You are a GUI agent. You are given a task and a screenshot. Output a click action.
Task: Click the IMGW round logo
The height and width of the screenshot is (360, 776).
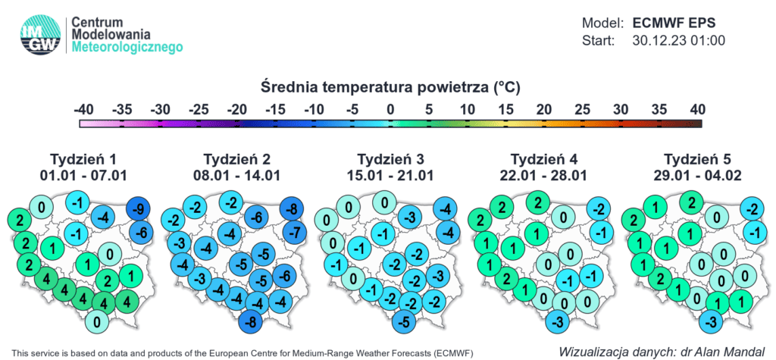[41, 35]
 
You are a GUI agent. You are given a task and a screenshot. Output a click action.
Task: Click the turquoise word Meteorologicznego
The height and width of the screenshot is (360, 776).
[127, 47]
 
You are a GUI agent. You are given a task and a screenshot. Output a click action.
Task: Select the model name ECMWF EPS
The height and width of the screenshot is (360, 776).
[674, 23]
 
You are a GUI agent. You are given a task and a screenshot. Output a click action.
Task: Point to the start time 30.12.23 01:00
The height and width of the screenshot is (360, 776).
[679, 41]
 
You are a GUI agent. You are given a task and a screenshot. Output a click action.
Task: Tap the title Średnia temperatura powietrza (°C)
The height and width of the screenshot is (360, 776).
[390, 88]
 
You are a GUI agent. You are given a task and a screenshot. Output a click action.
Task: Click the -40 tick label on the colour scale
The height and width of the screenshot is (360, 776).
[83, 109]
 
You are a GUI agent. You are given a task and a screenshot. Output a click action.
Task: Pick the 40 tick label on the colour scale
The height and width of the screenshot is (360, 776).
[697, 109]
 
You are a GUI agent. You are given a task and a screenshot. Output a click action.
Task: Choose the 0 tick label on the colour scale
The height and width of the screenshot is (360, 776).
[390, 109]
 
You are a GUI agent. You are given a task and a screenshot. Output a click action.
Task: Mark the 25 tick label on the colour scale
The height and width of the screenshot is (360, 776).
[582, 109]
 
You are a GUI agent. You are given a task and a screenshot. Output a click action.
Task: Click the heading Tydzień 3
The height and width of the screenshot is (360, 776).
[390, 160]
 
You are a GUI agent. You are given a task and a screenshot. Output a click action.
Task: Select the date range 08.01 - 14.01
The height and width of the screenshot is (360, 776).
[237, 176]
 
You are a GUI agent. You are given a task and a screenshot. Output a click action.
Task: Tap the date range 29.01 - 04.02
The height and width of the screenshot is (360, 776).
[697, 176]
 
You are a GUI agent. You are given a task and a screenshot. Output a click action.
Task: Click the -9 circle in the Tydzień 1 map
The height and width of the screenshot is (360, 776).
[139, 209]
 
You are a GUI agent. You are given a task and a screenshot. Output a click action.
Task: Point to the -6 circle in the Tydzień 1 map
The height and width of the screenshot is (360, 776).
[142, 231]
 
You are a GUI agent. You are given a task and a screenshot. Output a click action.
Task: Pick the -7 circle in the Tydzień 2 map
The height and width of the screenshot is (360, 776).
[295, 231]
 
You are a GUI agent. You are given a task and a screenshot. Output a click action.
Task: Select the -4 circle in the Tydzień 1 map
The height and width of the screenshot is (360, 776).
[105, 217]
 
